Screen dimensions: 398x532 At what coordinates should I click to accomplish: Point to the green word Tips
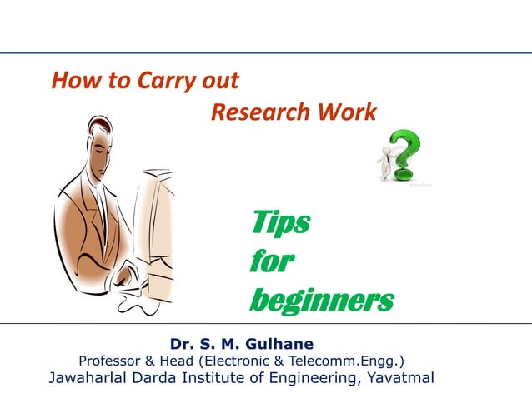coord(279,223)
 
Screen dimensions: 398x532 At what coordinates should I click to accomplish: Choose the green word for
coord(270,261)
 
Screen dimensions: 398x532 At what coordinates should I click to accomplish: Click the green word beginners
coord(321,300)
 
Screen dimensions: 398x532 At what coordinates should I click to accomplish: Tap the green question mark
coord(405,154)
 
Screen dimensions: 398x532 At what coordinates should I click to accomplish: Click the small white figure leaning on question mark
coord(384,161)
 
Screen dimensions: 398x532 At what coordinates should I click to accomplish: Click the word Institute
coord(229,379)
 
